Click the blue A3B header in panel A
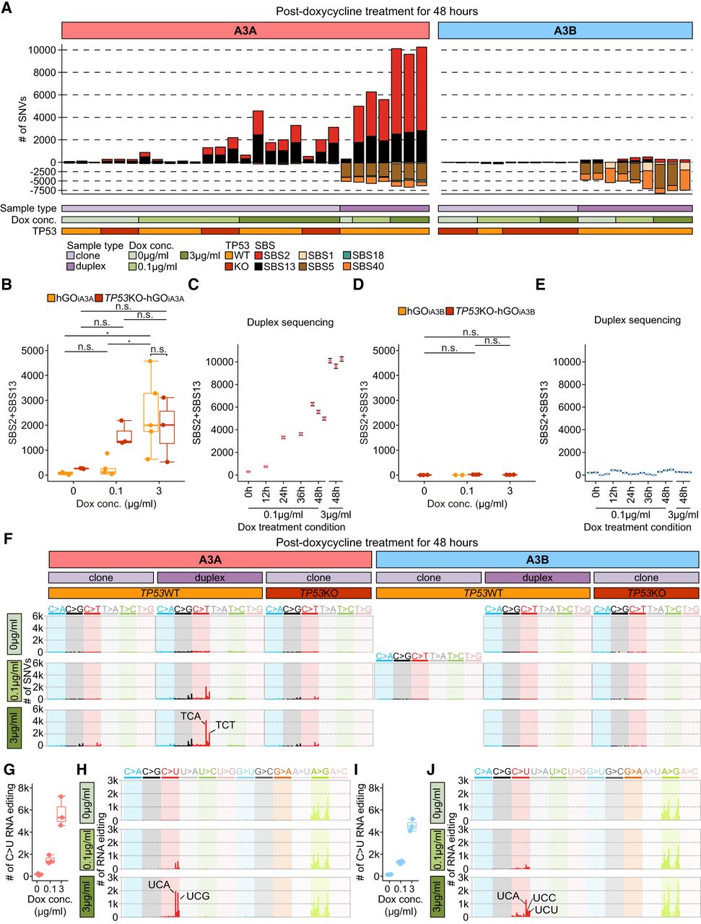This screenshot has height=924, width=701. [x=565, y=31]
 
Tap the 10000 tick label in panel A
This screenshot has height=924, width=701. [x=42, y=50]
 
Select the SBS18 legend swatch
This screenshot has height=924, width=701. [x=347, y=255]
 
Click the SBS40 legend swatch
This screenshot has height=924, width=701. [x=347, y=266]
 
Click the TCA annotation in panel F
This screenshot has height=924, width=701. [x=191, y=715]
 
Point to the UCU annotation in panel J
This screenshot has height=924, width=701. [x=547, y=910]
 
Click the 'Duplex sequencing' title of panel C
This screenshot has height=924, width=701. [x=290, y=322]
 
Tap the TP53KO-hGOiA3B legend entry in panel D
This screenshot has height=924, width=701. [x=495, y=311]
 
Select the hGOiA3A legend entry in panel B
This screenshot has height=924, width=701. [x=77, y=297]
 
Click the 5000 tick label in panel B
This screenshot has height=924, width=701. [x=35, y=351]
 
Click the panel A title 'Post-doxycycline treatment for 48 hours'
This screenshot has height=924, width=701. [x=376, y=11]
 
